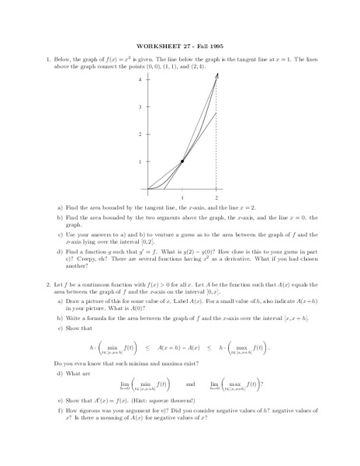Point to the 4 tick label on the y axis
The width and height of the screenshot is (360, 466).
140,80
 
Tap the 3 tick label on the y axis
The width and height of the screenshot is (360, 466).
140,107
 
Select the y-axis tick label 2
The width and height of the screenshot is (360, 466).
140,134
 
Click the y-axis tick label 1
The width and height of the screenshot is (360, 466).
140,162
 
